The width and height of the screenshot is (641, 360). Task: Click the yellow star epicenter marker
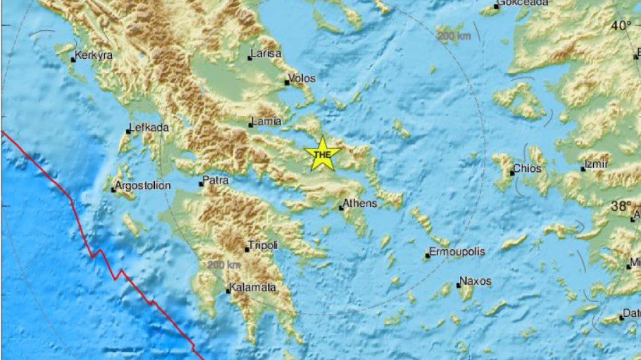[x=322, y=154]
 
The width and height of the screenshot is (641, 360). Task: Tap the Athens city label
[x=360, y=204]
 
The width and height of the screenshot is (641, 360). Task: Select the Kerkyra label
[x=94, y=55]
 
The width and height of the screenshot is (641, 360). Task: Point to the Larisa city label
[x=266, y=54]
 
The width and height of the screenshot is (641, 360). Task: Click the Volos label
[x=302, y=78]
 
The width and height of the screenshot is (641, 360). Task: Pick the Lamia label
[x=266, y=121]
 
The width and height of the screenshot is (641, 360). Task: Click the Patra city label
[x=216, y=180]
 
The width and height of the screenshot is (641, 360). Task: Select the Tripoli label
[x=263, y=245]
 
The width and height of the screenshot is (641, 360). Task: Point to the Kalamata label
[x=253, y=288]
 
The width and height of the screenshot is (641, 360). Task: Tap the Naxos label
[x=475, y=282]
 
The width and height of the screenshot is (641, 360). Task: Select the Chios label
[x=526, y=169]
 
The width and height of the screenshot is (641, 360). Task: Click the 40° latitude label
[x=622, y=26]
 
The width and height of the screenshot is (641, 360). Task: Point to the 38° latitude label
[x=622, y=207]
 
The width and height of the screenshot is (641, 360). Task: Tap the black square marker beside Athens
[x=341, y=208]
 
